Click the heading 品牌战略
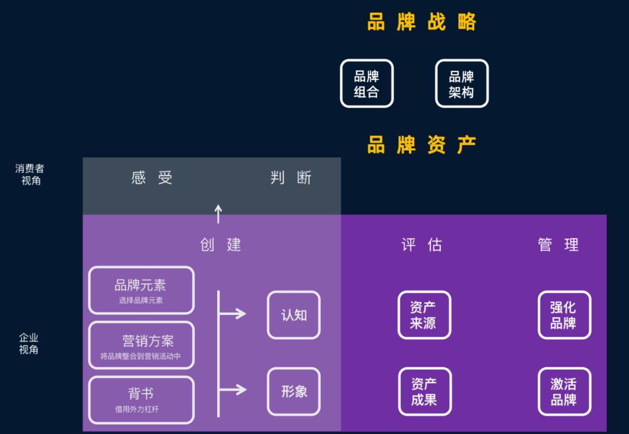point(422,22)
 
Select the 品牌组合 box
point(366,83)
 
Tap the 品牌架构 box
point(461,83)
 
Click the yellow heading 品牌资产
point(422,145)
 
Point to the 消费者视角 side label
point(30,174)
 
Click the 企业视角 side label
point(29,344)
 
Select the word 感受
point(152,177)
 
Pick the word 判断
point(291,177)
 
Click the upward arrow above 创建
point(218,213)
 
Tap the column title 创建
point(220,244)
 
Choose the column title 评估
point(422,244)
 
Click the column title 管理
point(559,244)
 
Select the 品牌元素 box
point(141,290)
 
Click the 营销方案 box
point(141,345)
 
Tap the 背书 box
point(141,400)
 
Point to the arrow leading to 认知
point(233,314)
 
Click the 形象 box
point(294,391)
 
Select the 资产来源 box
point(424,315)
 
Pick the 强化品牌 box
point(564,315)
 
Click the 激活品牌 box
point(564,391)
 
